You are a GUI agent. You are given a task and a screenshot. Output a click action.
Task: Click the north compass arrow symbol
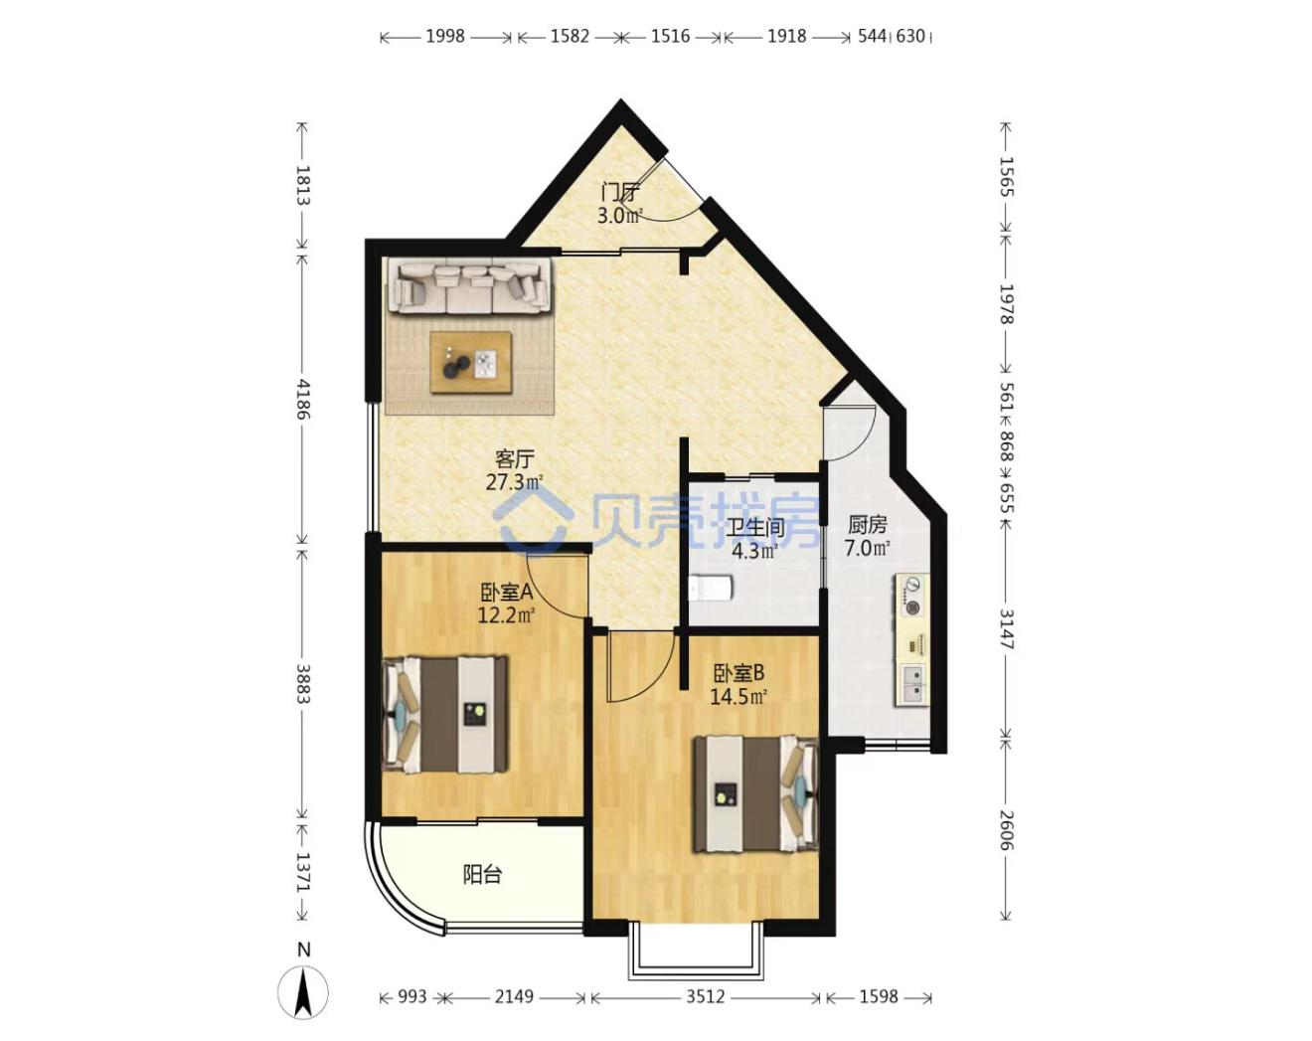pyautogui.click(x=303, y=991)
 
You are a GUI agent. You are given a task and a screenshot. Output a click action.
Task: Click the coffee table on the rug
pyautogui.click(x=470, y=362)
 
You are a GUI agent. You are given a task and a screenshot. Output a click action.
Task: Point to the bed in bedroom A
pyautogui.click(x=444, y=713)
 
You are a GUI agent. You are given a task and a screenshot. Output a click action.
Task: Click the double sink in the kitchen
pyautogui.click(x=912, y=683)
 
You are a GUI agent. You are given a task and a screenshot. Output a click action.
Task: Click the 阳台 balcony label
pyautogui.click(x=482, y=875)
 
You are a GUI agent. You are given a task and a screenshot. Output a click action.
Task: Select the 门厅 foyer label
pyautogui.click(x=619, y=193)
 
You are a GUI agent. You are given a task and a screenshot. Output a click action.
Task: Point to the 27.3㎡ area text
pyautogui.click(x=514, y=482)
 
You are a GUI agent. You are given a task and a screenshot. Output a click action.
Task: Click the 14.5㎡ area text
pyautogui.click(x=738, y=696)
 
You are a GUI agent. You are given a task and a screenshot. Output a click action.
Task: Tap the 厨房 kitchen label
pyautogui.click(x=867, y=524)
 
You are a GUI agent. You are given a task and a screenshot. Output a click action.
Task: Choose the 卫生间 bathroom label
pyautogui.click(x=755, y=527)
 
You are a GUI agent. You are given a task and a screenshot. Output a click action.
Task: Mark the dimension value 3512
pyautogui.click(x=706, y=996)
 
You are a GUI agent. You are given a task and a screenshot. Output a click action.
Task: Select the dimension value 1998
pyautogui.click(x=445, y=37)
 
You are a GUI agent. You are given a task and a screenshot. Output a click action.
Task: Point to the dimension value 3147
pyautogui.click(x=1007, y=629)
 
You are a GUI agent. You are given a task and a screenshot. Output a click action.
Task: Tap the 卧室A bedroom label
pyautogui.click(x=507, y=592)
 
